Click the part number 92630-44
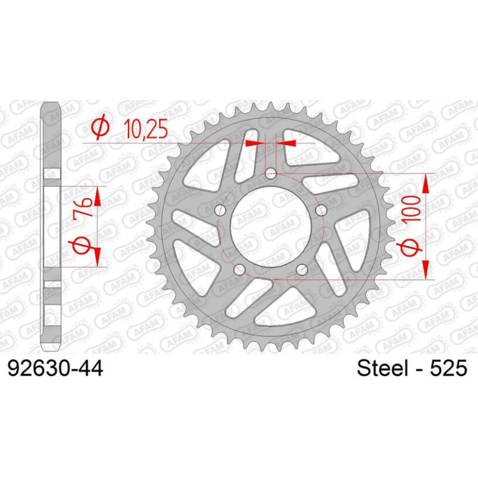tap(55, 369)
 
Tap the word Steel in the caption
tap(382, 368)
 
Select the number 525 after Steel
tap(448, 368)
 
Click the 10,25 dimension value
tap(146, 129)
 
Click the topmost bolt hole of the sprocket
tap(271, 174)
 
